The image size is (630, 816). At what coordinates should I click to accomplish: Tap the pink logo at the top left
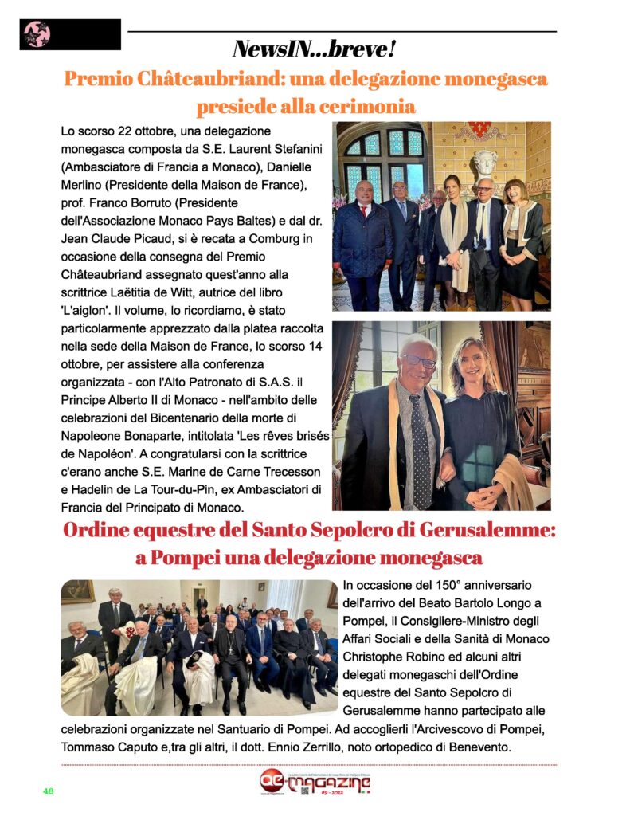click(x=37, y=35)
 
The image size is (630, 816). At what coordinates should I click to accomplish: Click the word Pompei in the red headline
click(x=194, y=557)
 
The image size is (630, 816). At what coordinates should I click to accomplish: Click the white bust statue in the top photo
click(x=484, y=167)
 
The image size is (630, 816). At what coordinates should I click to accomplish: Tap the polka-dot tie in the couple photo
click(x=420, y=451)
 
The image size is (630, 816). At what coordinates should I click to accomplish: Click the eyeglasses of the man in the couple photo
click(x=419, y=360)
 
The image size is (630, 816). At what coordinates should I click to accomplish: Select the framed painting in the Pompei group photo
click(x=79, y=591)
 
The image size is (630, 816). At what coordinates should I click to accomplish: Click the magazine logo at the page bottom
click(x=315, y=784)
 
